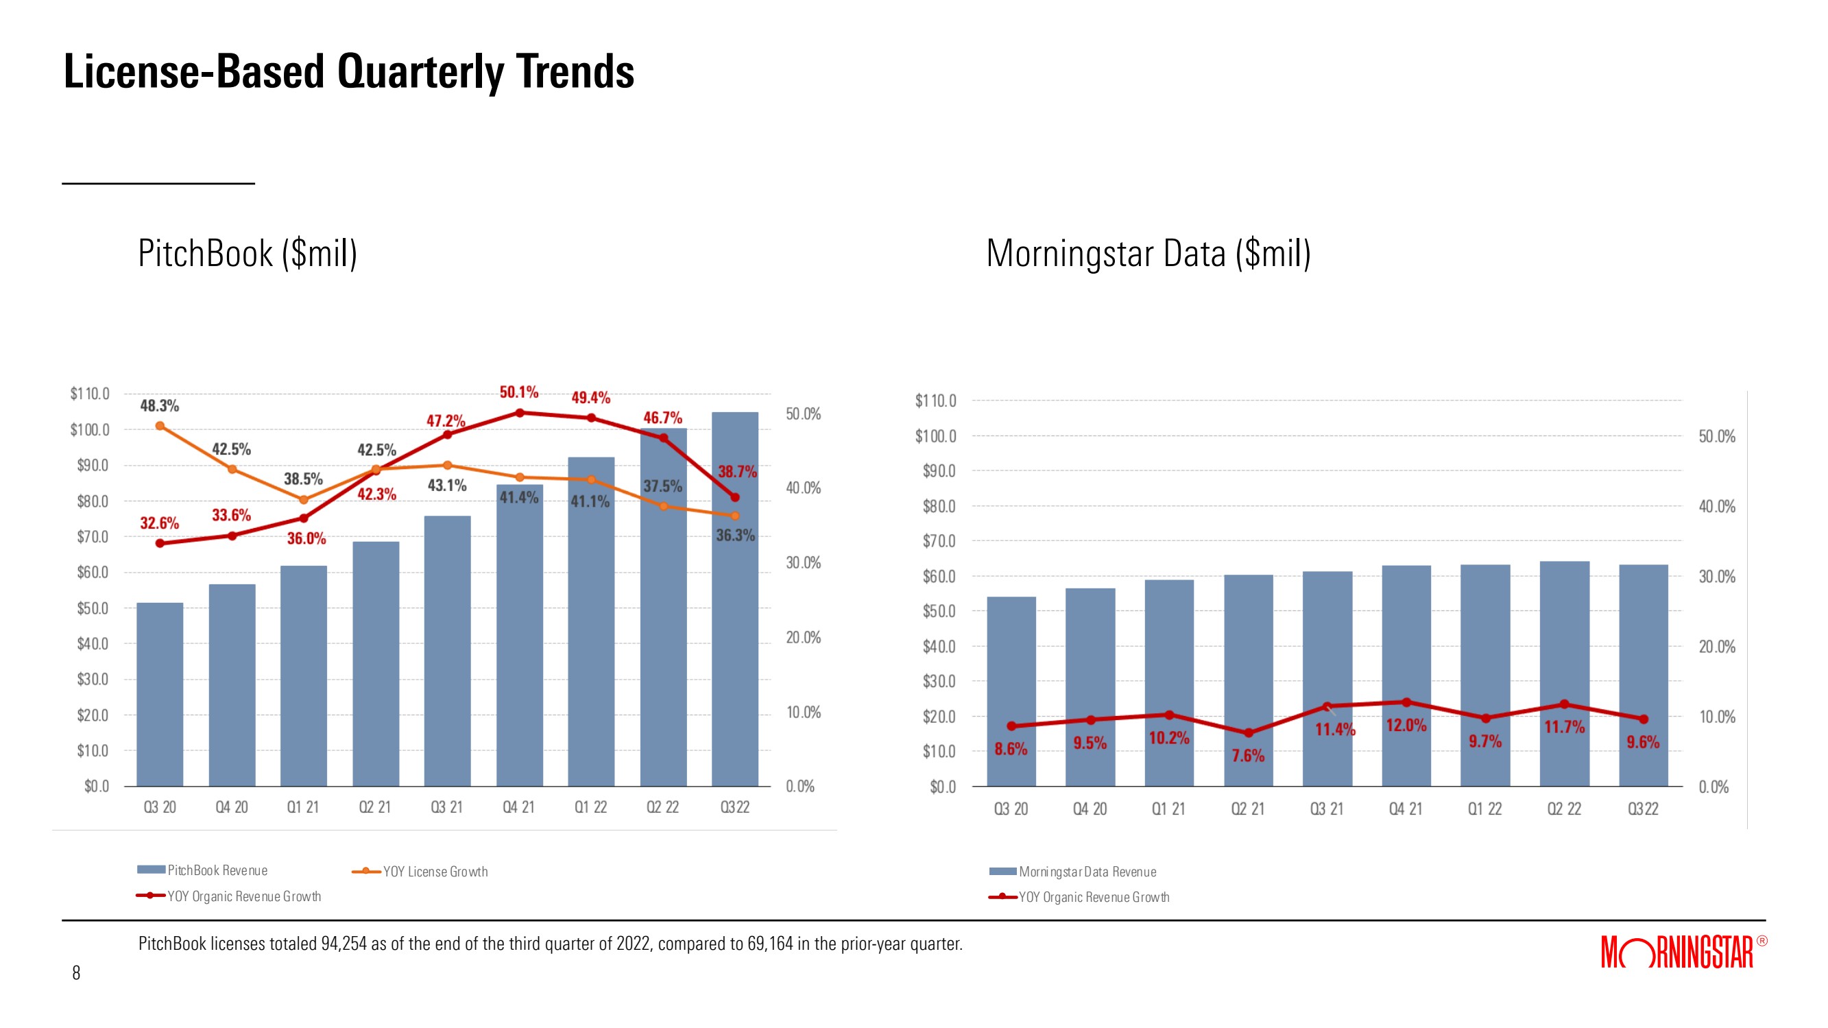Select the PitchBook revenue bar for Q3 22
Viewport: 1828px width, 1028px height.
click(734, 639)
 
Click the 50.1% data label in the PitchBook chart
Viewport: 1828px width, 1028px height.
click(519, 392)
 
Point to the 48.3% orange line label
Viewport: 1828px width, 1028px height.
click(160, 406)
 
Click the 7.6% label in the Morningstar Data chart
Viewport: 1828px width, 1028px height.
click(1247, 755)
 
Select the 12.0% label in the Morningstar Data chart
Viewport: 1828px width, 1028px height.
click(1406, 726)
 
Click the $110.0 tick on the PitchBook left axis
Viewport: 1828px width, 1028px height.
click(90, 394)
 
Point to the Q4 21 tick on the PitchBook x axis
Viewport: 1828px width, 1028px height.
click(518, 807)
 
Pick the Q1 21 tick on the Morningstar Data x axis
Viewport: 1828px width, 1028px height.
click(1168, 809)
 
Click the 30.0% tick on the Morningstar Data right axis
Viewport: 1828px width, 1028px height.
click(1717, 577)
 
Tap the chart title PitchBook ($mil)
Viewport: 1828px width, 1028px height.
click(248, 254)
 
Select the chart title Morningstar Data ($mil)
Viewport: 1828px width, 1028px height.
click(1148, 254)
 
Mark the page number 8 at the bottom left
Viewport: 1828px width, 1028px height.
click(77, 972)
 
